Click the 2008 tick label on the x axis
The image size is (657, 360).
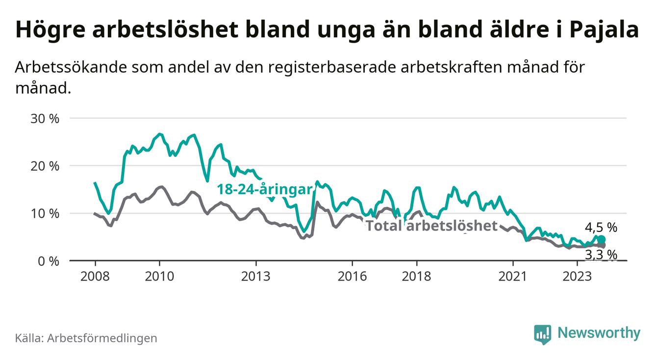(95, 276)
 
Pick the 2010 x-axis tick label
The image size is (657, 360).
(159, 276)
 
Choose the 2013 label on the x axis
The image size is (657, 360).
(256, 276)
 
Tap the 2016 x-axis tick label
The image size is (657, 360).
(352, 276)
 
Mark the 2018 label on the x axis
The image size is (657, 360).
(416, 276)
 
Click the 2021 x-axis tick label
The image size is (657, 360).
(513, 276)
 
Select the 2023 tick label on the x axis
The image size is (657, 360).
(577, 276)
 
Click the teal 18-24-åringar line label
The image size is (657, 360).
(265, 190)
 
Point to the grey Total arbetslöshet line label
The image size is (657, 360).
(431, 226)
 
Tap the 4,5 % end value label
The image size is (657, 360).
(601, 228)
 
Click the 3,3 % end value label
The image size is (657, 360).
(601, 255)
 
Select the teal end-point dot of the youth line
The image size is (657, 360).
(602, 239)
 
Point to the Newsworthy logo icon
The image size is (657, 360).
(542, 334)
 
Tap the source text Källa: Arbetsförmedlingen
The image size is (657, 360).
(86, 338)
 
